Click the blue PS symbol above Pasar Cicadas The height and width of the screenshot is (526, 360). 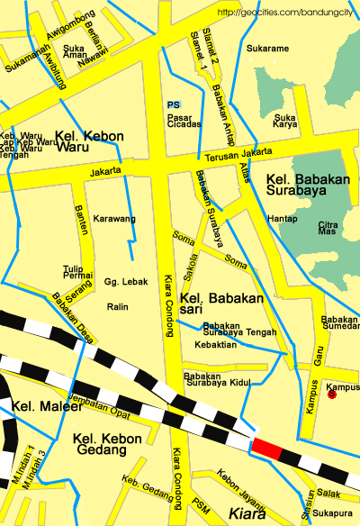point(174,105)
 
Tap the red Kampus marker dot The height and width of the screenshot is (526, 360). point(332,394)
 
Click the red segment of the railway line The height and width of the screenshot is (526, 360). point(265,446)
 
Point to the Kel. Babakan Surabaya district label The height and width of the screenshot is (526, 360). point(306,185)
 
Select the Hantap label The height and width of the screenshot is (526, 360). point(282,219)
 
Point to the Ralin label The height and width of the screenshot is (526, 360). point(117,307)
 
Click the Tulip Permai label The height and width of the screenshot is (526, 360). point(78,271)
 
